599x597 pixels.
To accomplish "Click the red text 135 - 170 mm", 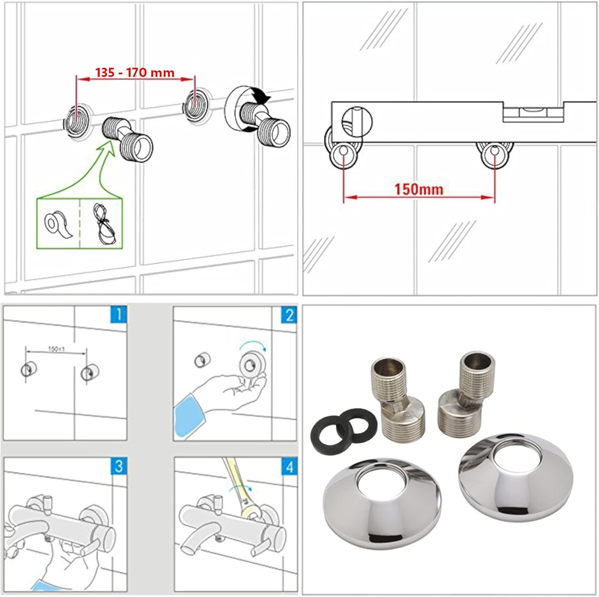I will (135, 72).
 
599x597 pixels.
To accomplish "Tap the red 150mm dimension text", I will (419, 189).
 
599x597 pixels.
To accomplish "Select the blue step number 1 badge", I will (118, 314).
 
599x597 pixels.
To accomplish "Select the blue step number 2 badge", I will (289, 315).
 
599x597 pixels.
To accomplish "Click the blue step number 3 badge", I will (118, 466).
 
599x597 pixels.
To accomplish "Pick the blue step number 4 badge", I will (289, 466).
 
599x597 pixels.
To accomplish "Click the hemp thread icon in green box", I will (104, 224).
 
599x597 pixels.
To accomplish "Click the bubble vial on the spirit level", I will (533, 113).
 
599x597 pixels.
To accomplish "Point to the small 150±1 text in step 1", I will (56, 349).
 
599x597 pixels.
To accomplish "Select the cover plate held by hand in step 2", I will (250, 364).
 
